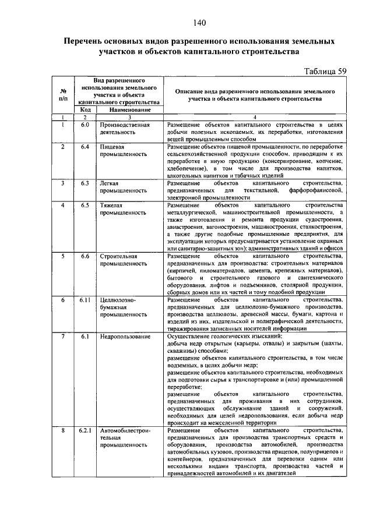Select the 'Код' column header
coord(84,109)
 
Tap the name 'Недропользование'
coord(125,337)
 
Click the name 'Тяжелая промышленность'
coord(122,210)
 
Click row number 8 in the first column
coord(62,430)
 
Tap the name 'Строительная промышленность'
coord(122,260)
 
